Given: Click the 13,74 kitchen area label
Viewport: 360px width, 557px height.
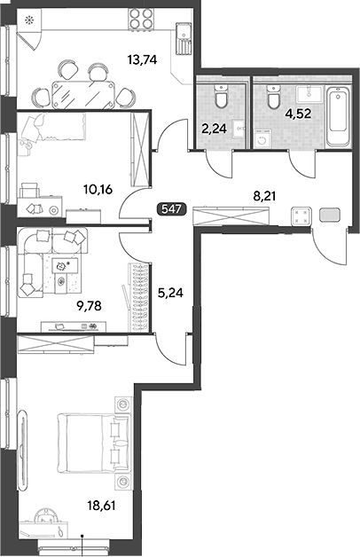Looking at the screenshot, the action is (142, 60).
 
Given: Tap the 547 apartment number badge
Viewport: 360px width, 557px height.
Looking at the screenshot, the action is (171, 209).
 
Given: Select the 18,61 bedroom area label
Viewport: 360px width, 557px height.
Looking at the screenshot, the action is (102, 505).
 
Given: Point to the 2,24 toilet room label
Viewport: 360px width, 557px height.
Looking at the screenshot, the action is (214, 129).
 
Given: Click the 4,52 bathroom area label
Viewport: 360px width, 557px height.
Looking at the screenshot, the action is (299, 114).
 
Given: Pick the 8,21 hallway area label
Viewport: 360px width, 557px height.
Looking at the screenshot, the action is (264, 195).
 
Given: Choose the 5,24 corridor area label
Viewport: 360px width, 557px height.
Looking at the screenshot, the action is (170, 293).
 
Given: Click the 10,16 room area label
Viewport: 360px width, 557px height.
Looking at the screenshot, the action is (98, 189).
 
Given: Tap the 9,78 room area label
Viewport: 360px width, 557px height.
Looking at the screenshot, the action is (89, 305).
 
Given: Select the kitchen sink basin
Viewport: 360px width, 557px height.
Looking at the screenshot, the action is (184, 31).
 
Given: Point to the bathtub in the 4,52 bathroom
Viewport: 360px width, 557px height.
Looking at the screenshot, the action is (340, 115).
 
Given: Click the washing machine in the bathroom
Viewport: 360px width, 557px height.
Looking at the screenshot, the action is (262, 139).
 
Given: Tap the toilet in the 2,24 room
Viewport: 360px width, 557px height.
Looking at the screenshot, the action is (222, 97).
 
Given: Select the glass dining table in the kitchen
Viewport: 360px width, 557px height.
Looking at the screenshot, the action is (83, 95).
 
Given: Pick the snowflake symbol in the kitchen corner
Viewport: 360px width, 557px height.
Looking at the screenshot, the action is (28, 20).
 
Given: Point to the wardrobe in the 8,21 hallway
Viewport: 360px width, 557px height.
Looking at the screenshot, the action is (231, 216).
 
